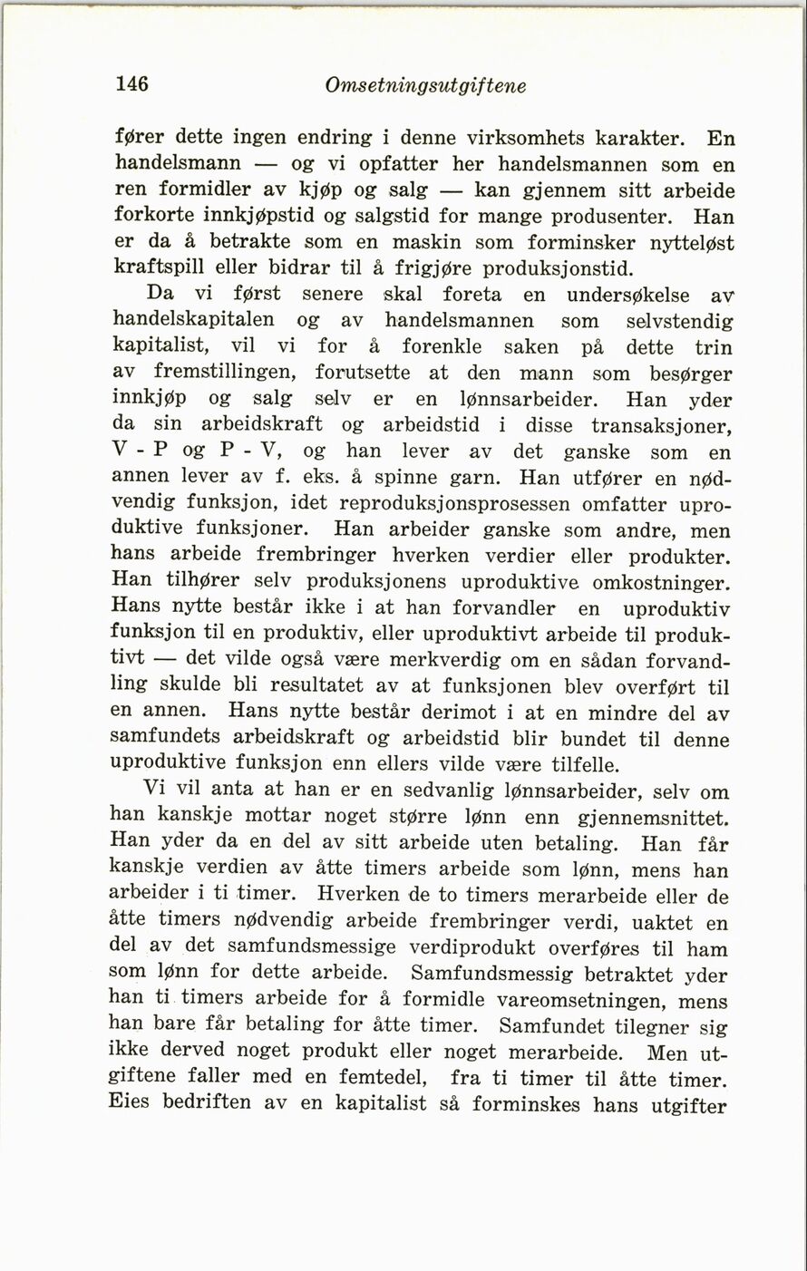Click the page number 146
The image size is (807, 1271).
[132, 84]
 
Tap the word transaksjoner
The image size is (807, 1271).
[661, 425]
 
